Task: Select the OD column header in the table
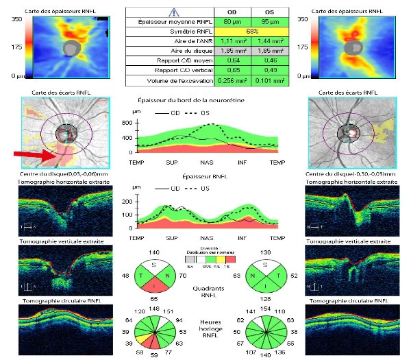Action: pos(225,12)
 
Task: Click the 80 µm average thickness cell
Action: pos(225,22)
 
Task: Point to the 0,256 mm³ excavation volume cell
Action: pos(225,80)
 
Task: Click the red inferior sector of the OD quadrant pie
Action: pos(154,287)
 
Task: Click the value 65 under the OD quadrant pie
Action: pos(154,300)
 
